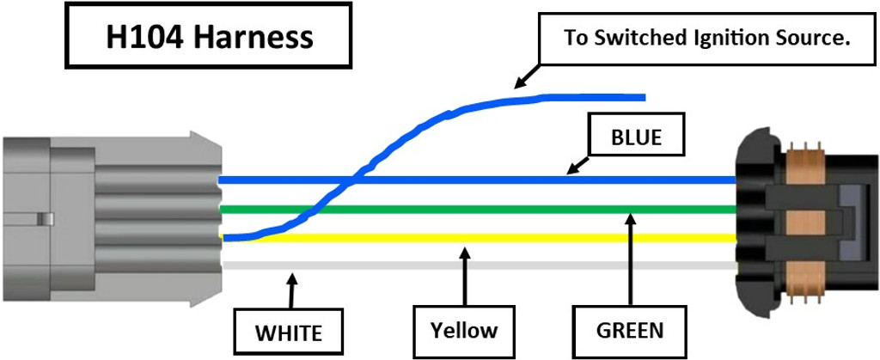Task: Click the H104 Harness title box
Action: pos(209,37)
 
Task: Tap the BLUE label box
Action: pos(636,137)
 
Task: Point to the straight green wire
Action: pos(516,209)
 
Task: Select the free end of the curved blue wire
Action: pos(640,97)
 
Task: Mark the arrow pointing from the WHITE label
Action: pos(292,292)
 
